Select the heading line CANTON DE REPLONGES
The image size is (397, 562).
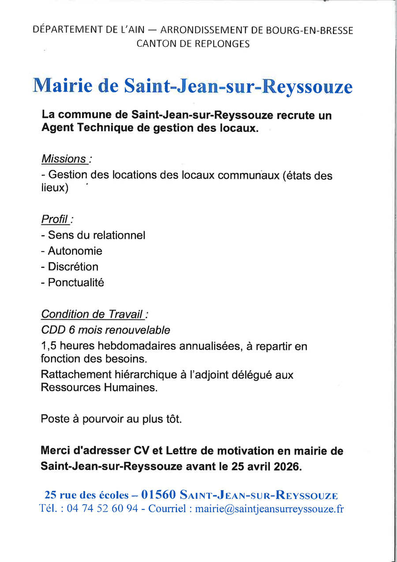click(193, 44)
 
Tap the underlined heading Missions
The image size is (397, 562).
click(64, 159)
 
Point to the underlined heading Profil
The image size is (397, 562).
click(55, 219)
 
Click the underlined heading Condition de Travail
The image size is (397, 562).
click(92, 314)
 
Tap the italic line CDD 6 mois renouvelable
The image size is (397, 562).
click(105, 330)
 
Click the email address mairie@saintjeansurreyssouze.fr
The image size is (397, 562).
click(269, 509)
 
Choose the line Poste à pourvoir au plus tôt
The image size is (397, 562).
click(111, 419)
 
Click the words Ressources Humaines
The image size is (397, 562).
click(99, 388)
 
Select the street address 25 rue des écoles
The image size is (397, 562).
click(87, 495)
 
